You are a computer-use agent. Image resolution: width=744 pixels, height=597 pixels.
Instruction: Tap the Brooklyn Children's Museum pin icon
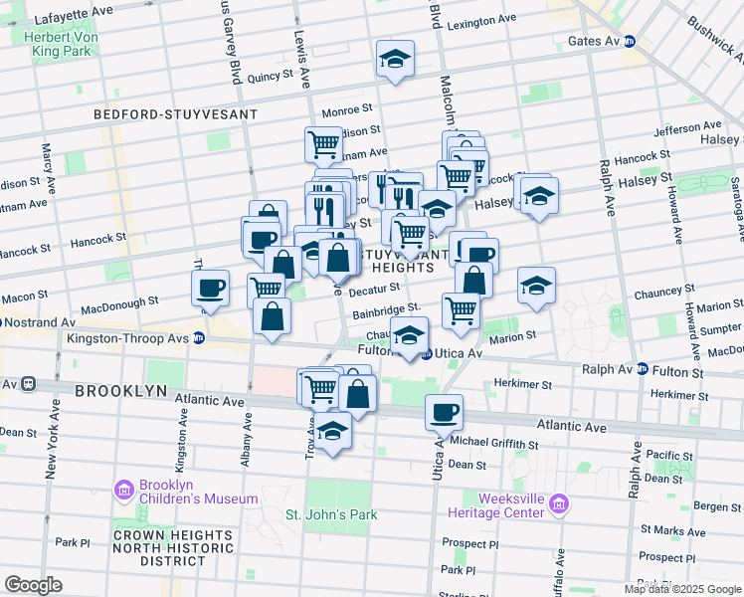(124, 490)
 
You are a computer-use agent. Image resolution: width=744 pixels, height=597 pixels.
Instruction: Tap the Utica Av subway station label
(460, 354)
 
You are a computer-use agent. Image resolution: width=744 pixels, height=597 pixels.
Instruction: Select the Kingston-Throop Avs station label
(129, 338)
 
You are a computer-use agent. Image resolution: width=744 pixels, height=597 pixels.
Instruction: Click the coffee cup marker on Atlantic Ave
(444, 411)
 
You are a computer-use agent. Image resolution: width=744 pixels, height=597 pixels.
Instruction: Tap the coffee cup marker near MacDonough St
(210, 289)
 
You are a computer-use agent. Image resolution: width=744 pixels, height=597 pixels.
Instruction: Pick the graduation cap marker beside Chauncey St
(535, 286)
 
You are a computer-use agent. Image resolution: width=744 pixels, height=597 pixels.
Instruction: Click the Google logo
(33, 584)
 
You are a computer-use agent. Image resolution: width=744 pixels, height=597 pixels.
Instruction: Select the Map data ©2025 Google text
(681, 589)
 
